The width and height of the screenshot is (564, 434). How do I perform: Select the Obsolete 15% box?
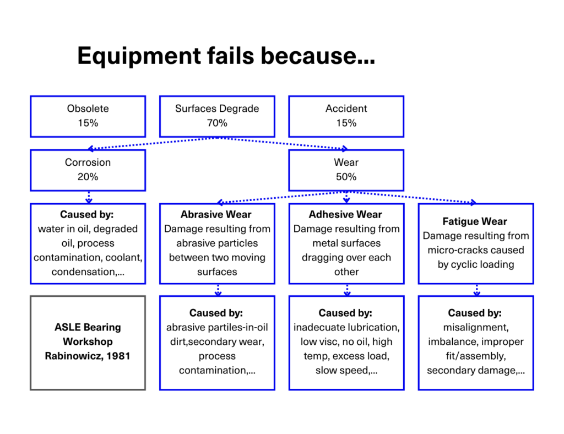coord(88,116)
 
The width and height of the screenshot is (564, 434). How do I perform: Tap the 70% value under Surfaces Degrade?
coord(217,123)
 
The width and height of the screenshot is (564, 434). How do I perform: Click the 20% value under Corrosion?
coord(88,177)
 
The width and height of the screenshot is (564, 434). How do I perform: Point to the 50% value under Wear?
coord(346,177)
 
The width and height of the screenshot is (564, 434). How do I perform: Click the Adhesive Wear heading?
coord(345,214)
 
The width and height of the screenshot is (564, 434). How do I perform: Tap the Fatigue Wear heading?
coord(475,221)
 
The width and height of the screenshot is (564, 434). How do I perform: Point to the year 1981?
coord(118,356)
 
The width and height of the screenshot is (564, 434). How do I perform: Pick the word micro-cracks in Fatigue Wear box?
coord(454,250)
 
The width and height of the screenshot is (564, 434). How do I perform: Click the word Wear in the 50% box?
coord(346,162)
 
